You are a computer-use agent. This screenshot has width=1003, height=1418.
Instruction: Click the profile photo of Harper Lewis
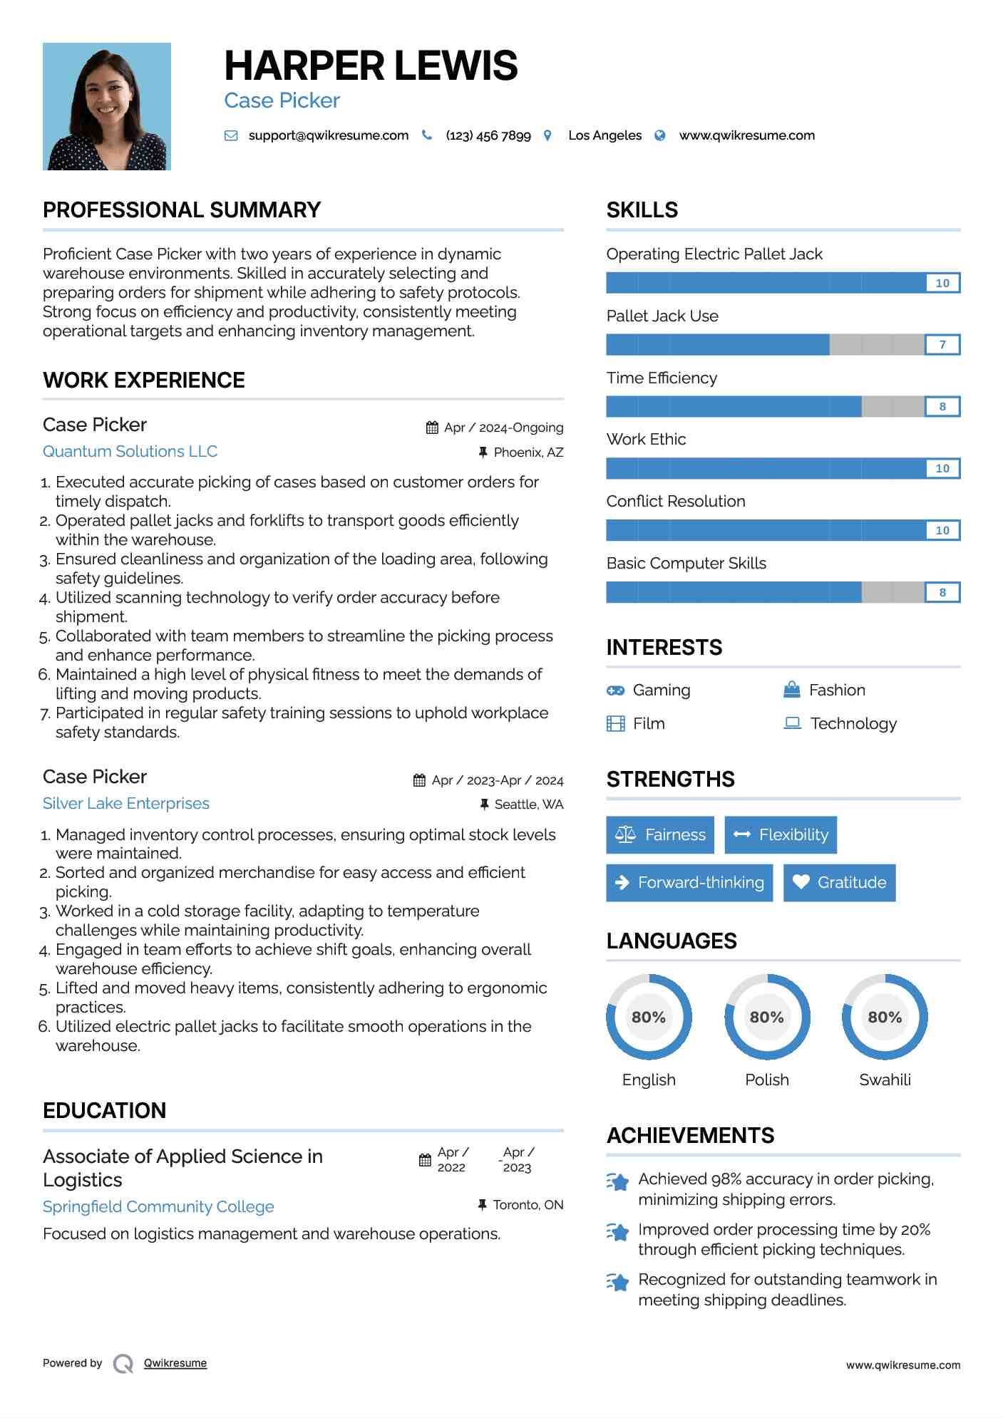click(107, 106)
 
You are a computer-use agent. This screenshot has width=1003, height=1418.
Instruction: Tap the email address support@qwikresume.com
click(328, 135)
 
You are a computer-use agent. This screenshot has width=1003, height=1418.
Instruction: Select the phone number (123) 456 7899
click(488, 135)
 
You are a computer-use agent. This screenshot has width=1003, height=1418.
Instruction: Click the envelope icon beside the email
click(231, 135)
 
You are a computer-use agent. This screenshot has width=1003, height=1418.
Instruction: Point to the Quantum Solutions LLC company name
click(130, 452)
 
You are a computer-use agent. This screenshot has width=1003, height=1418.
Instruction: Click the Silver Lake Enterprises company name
click(126, 804)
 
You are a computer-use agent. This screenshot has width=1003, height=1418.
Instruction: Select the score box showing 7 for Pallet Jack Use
click(942, 345)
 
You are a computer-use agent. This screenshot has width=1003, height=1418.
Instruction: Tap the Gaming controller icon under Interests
click(615, 690)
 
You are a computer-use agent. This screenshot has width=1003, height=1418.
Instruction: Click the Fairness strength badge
click(660, 834)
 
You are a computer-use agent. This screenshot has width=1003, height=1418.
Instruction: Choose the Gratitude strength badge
click(839, 882)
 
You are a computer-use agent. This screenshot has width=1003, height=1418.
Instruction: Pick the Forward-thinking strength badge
click(689, 882)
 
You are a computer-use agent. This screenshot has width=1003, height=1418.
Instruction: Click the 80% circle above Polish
click(767, 1017)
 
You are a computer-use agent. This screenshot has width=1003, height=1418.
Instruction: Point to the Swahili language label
click(885, 1080)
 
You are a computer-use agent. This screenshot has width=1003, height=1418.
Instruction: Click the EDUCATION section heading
click(104, 1110)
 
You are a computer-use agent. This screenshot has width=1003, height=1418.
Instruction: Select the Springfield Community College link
click(158, 1207)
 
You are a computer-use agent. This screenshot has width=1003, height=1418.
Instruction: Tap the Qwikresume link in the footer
click(175, 1363)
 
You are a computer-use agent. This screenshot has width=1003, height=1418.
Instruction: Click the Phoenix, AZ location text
click(528, 452)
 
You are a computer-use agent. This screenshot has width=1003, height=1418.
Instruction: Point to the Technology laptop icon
click(792, 723)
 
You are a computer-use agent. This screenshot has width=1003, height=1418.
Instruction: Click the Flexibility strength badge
click(781, 834)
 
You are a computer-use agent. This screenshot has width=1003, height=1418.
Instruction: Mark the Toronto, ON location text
click(528, 1205)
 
